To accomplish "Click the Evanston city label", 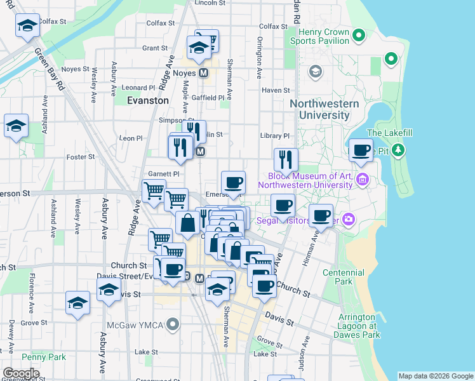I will click(x=148, y=100).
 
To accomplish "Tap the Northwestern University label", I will click(x=324, y=109).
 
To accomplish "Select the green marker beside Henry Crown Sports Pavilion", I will click(x=358, y=34).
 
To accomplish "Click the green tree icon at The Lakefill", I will click(x=398, y=150).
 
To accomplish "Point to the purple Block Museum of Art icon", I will click(x=363, y=180).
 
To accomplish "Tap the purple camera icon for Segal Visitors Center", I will click(x=347, y=220).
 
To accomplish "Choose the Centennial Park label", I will click(x=361, y=277).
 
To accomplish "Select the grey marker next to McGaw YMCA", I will click(x=171, y=326).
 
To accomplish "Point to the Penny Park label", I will click(x=43, y=357).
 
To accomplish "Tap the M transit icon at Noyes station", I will click(x=204, y=73).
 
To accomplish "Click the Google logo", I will click(x=21, y=373).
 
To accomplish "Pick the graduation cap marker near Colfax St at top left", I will click(x=27, y=26).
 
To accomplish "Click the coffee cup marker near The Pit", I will click(x=361, y=150).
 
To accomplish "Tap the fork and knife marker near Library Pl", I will click(x=286, y=159).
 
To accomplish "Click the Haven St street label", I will click(x=276, y=91).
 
